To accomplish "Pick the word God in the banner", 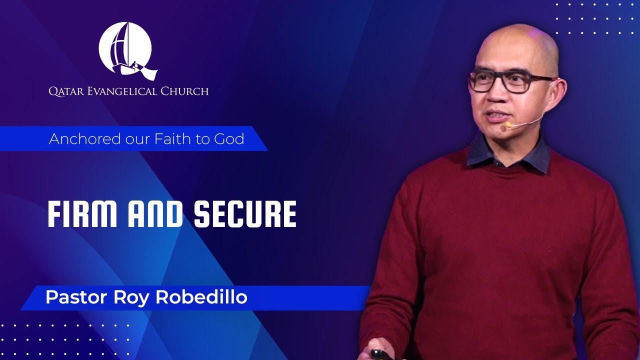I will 229,138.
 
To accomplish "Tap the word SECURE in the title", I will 245,214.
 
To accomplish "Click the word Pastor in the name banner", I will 75,297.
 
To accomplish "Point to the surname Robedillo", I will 201,297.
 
